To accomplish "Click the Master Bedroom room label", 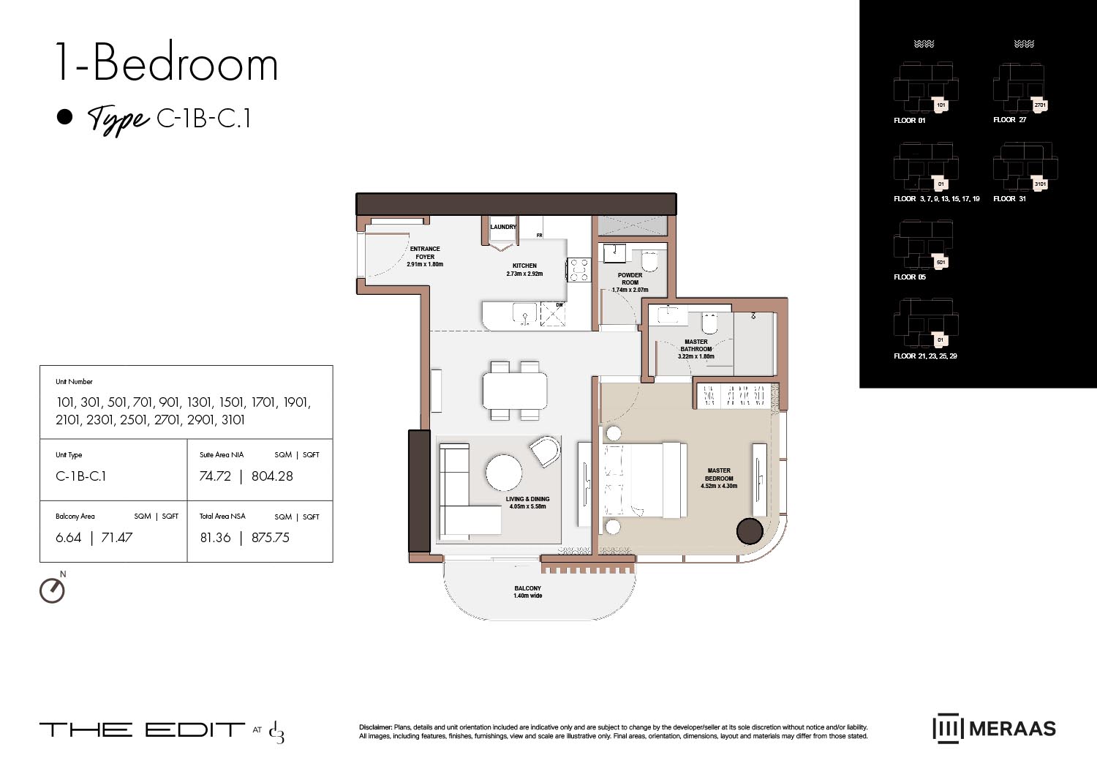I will pyautogui.click(x=719, y=478).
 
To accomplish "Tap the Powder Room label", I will pyautogui.click(x=630, y=282).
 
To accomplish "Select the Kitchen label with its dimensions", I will pyautogui.click(x=524, y=270).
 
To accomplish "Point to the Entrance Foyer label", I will pyautogui.click(x=425, y=257).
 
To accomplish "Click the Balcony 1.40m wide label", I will pyautogui.click(x=527, y=592).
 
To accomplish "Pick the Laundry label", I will pyautogui.click(x=503, y=227).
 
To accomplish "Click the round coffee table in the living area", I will pyautogui.click(x=504, y=473).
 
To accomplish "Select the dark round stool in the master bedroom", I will pyautogui.click(x=750, y=530).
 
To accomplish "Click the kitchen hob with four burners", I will pyautogui.click(x=579, y=270).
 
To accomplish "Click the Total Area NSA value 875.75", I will pyautogui.click(x=271, y=538).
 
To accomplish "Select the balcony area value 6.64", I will pyautogui.click(x=69, y=538).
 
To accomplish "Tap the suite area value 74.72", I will pyautogui.click(x=215, y=476).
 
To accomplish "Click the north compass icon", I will pyautogui.click(x=53, y=589).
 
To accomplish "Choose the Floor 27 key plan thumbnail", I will pyautogui.click(x=1020, y=88).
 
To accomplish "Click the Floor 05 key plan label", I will pyautogui.click(x=910, y=277).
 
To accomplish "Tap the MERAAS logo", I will pyautogui.click(x=994, y=729).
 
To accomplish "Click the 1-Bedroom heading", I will pyautogui.click(x=167, y=64).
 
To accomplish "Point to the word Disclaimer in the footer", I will pyautogui.click(x=375, y=727).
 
